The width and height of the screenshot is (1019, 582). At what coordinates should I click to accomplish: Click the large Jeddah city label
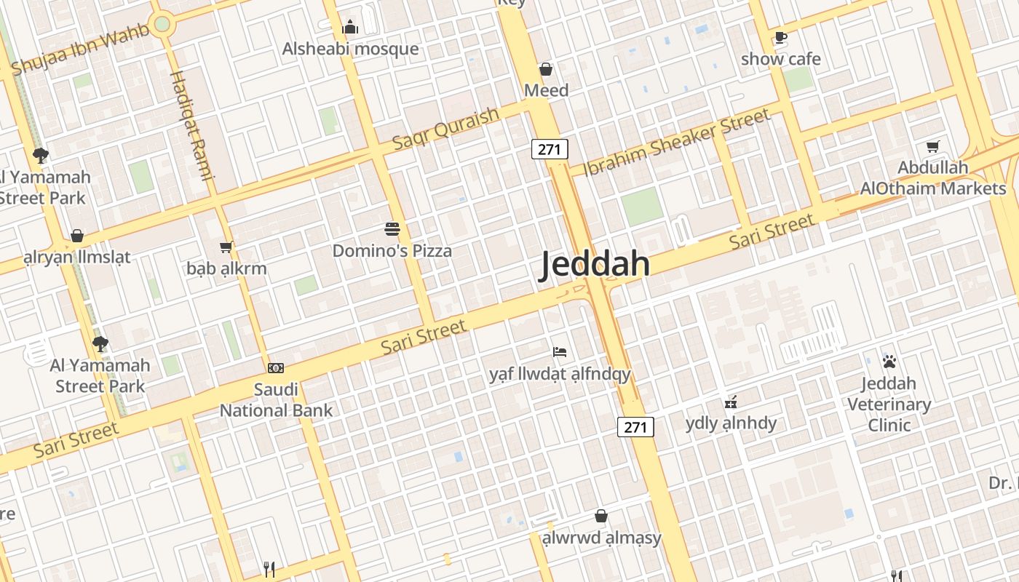click(x=595, y=265)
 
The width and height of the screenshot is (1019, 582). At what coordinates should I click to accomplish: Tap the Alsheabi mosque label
click(x=350, y=49)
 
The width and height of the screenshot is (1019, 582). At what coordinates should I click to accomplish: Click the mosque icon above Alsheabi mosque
click(x=350, y=28)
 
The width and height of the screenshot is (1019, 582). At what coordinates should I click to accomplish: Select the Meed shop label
click(x=546, y=90)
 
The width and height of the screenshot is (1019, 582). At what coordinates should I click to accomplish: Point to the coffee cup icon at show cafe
click(x=780, y=38)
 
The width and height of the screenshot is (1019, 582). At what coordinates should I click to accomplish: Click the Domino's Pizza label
click(x=392, y=251)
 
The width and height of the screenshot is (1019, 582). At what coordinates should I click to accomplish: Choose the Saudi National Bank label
click(x=276, y=400)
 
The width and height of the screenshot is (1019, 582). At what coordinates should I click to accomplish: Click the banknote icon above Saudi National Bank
click(x=275, y=368)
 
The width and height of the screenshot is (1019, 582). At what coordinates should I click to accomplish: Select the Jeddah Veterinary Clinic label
click(x=889, y=404)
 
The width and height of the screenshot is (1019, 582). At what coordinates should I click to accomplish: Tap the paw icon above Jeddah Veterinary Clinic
click(x=889, y=361)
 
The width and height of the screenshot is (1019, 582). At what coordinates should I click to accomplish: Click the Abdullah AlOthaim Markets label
click(x=932, y=178)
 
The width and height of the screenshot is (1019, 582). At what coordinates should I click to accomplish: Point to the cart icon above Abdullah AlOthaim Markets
click(x=932, y=146)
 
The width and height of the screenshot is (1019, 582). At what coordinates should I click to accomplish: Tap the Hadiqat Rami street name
click(x=191, y=124)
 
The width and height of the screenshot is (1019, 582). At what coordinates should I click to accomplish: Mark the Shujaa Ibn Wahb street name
click(x=80, y=49)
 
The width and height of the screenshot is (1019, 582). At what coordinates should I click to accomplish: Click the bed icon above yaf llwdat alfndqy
click(x=559, y=352)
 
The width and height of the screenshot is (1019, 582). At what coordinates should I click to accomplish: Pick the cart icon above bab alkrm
click(x=226, y=247)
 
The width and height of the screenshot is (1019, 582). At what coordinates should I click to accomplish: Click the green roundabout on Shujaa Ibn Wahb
click(x=162, y=24)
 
